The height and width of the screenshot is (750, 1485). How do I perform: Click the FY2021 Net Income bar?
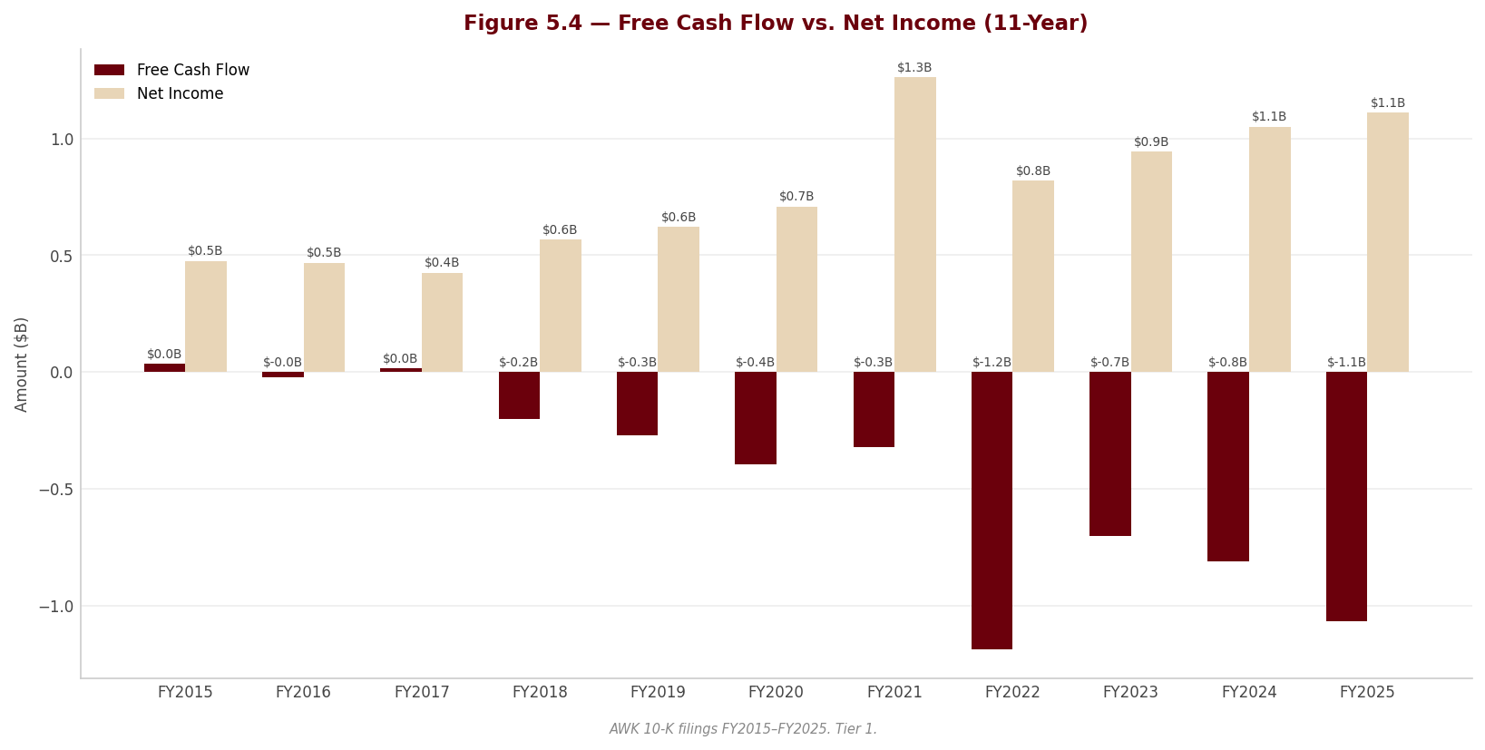(x=915, y=225)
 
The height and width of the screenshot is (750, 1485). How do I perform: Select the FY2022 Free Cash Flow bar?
(x=992, y=511)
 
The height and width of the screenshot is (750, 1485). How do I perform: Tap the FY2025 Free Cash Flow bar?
(x=1346, y=496)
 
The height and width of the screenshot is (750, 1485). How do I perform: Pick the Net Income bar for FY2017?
(x=442, y=323)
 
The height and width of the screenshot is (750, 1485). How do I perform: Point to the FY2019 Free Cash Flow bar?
(x=637, y=404)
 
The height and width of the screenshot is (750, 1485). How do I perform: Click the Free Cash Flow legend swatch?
(x=110, y=70)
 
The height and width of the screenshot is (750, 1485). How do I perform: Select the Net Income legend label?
(x=180, y=93)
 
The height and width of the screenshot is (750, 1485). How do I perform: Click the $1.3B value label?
(x=914, y=68)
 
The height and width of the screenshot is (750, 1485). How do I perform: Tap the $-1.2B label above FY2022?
(x=992, y=363)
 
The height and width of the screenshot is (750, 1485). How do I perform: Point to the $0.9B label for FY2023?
(x=1151, y=141)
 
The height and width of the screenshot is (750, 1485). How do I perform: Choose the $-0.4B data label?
(x=755, y=363)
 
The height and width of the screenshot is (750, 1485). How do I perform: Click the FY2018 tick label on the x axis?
(x=540, y=692)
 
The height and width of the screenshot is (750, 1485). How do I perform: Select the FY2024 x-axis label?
(x=1249, y=692)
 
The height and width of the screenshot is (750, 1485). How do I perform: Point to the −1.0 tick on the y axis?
(x=56, y=607)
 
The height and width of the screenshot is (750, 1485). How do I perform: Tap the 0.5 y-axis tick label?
(x=62, y=257)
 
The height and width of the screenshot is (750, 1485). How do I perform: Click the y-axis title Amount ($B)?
(x=21, y=365)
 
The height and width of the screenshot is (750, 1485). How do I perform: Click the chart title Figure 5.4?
(x=776, y=24)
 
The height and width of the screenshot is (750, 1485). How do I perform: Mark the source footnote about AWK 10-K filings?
(x=743, y=729)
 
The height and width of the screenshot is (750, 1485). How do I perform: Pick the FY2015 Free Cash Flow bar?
(x=164, y=367)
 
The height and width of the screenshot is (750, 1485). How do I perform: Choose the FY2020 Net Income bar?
(x=796, y=289)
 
